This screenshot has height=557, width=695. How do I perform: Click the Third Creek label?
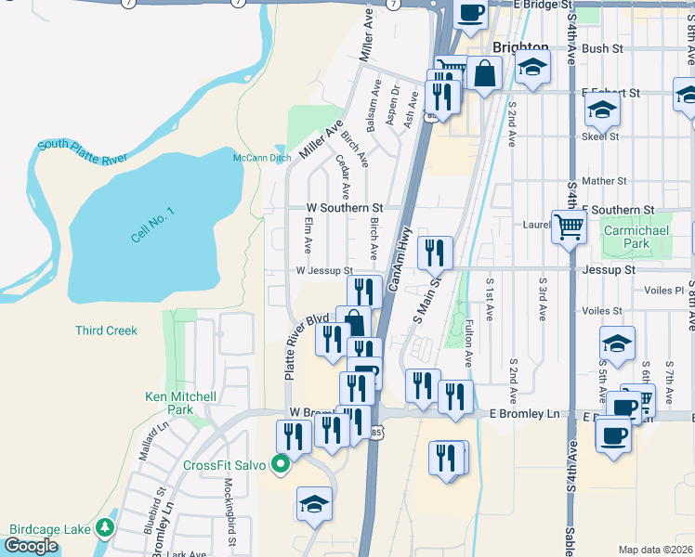click(x=106, y=330)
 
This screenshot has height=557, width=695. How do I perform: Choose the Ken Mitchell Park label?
click(x=181, y=403)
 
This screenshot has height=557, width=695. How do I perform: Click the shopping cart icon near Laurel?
click(x=568, y=226)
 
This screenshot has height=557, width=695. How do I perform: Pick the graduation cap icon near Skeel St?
click(x=602, y=110)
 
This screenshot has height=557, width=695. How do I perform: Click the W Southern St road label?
click(x=346, y=208)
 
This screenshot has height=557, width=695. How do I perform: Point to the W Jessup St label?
click(x=323, y=270)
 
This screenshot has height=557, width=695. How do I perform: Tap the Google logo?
click(x=31, y=546)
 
